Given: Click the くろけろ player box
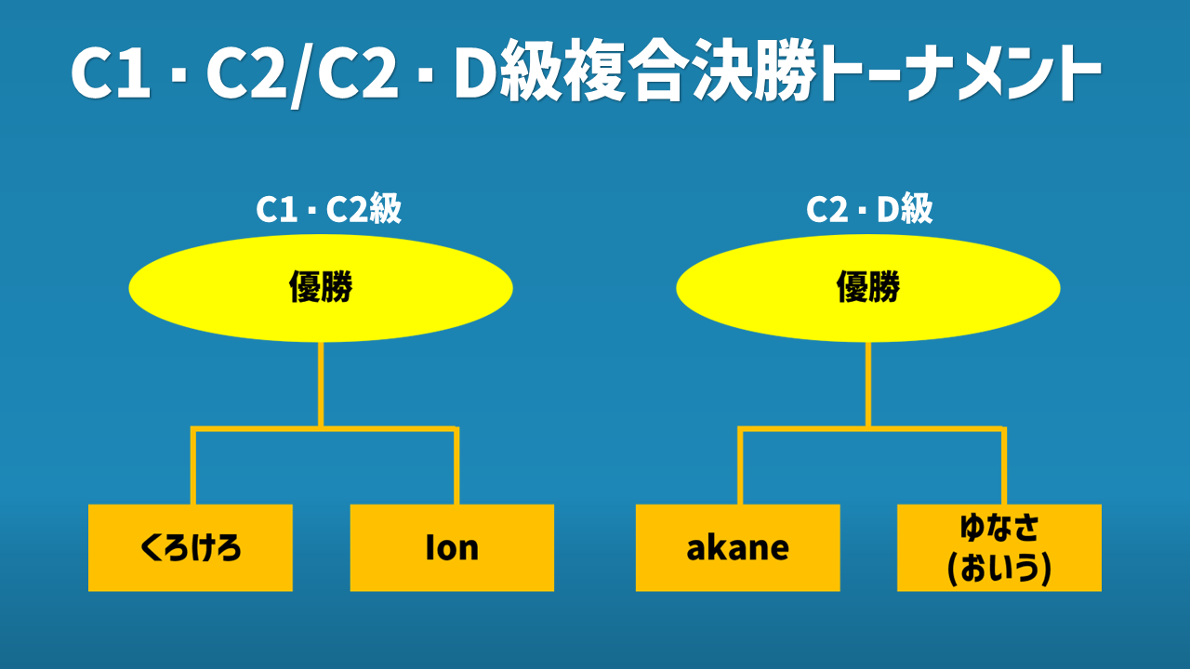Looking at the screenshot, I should [191, 547].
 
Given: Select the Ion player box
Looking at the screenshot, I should [452, 547].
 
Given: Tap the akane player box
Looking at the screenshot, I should [737, 547].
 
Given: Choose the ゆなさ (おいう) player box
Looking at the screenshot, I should [999, 547].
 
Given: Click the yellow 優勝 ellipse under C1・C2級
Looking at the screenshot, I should [321, 289].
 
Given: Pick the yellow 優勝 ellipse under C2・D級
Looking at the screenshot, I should [868, 289].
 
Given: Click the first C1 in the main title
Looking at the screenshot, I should [111, 77].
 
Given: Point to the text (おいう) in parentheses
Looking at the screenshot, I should [999, 569].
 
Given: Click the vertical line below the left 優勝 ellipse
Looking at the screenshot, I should [321, 384].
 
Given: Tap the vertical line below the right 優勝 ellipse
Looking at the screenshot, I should [868, 384].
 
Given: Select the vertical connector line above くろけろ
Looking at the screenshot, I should [193, 466].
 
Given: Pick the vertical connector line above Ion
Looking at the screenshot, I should [456, 466].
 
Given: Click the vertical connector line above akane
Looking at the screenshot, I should [741, 466].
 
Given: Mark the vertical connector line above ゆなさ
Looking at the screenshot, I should [1004, 466].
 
